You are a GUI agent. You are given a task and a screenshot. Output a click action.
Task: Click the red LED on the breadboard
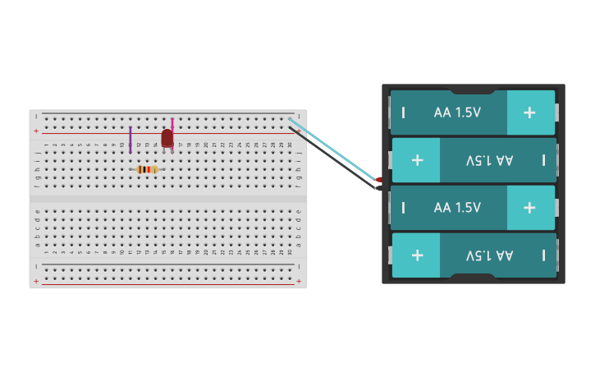[x=167, y=138]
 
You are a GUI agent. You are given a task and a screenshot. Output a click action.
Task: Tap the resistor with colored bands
[x=147, y=169]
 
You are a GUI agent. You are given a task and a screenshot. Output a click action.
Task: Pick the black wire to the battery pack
[x=336, y=160]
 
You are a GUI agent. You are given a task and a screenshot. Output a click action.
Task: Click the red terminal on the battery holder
[x=379, y=179]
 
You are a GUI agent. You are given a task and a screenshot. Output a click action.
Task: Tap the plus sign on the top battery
[x=529, y=113]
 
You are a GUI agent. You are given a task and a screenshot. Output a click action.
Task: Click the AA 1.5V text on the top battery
[x=457, y=113]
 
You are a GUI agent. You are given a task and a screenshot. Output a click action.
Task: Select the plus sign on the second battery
[x=417, y=160]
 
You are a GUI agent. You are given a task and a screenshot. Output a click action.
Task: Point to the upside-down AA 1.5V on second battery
[x=489, y=160]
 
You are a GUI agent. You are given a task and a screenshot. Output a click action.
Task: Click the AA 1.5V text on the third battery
[x=457, y=208]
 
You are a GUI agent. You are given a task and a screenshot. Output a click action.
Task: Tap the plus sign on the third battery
[x=529, y=208]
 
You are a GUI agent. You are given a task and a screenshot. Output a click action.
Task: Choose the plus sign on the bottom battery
[x=417, y=255]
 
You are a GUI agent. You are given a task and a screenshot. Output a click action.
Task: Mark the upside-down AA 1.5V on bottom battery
[x=489, y=255]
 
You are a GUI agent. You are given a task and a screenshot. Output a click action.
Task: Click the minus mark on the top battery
[x=403, y=113]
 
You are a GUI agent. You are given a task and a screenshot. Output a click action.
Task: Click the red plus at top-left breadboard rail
[x=35, y=131]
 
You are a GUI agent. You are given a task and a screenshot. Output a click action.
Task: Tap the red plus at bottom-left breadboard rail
[x=35, y=281]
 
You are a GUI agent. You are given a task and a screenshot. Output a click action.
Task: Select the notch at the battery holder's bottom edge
[x=473, y=278]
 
